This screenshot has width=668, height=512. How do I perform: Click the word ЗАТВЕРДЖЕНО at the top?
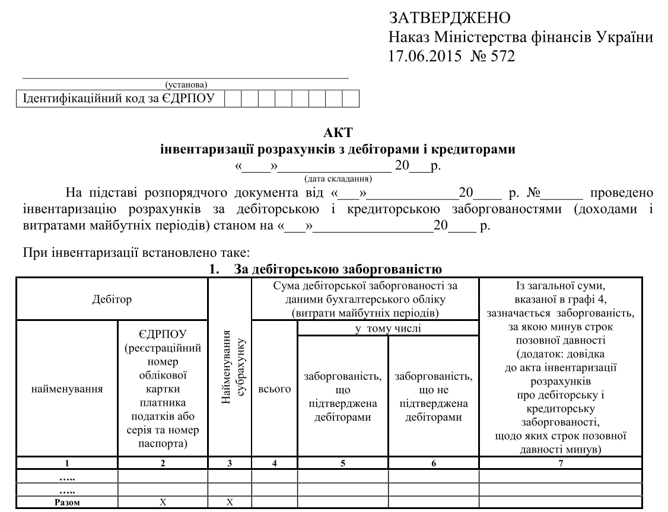(450, 17)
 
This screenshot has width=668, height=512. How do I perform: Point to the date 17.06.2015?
(419, 58)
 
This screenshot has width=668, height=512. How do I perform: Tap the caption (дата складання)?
(338, 177)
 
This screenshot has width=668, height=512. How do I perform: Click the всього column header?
(275, 389)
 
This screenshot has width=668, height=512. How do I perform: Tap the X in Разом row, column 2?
(163, 502)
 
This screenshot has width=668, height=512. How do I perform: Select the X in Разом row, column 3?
(230, 502)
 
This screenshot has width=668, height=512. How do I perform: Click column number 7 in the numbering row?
(560, 463)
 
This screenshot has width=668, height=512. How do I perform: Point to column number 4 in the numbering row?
(275, 463)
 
